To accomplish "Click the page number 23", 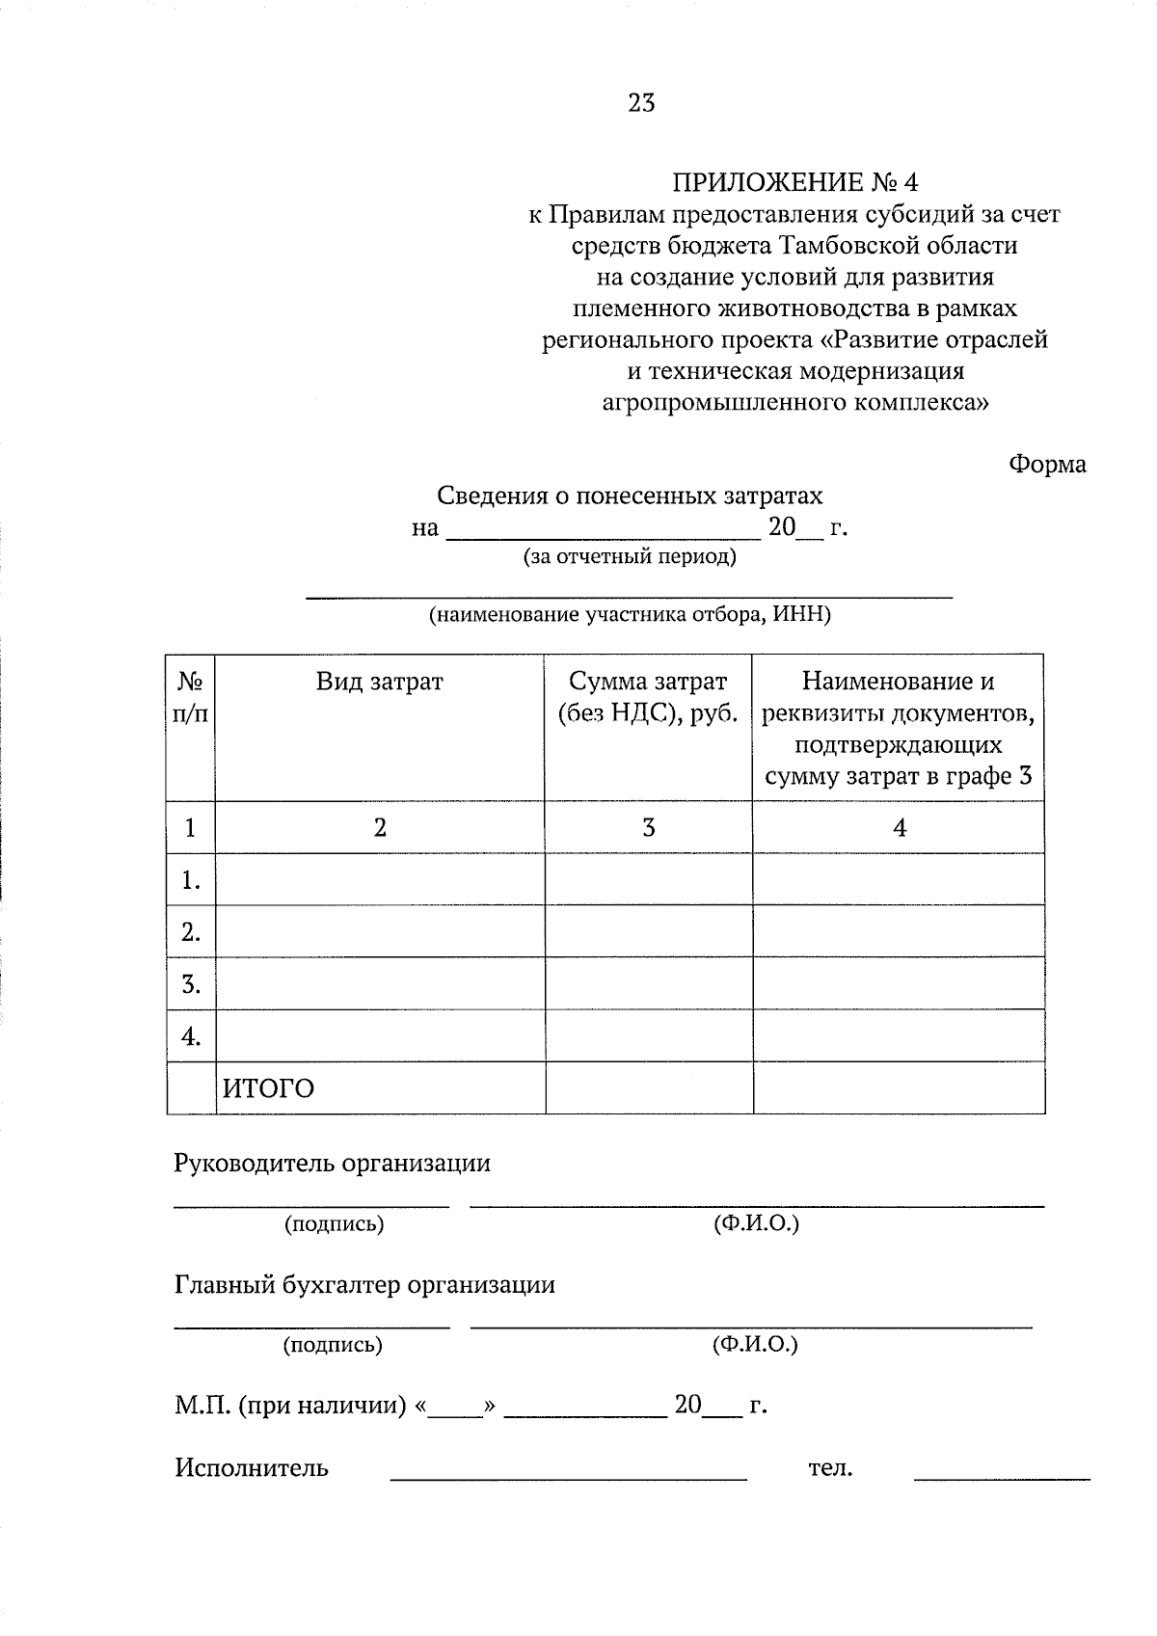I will click(x=641, y=103).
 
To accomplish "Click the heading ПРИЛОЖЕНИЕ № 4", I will click(x=795, y=182).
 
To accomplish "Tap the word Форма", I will click(x=1047, y=465).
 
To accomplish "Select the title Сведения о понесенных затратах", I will click(x=630, y=496).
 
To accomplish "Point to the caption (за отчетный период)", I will click(x=629, y=556).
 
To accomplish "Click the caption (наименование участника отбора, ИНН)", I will click(x=629, y=615).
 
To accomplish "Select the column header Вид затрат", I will click(x=379, y=683).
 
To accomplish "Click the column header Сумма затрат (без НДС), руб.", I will click(x=648, y=698).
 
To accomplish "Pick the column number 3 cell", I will click(x=648, y=828).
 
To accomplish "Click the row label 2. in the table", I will click(x=190, y=932).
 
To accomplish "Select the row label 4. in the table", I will click(x=190, y=1036).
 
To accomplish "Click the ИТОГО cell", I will click(x=269, y=1089).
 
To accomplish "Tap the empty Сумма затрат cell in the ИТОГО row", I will click(x=648, y=1088).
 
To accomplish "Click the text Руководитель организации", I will click(x=332, y=1164).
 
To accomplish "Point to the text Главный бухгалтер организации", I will click(x=364, y=1285).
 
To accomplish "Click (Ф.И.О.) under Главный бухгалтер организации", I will click(x=755, y=1344).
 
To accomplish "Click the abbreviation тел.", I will click(x=830, y=1468).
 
